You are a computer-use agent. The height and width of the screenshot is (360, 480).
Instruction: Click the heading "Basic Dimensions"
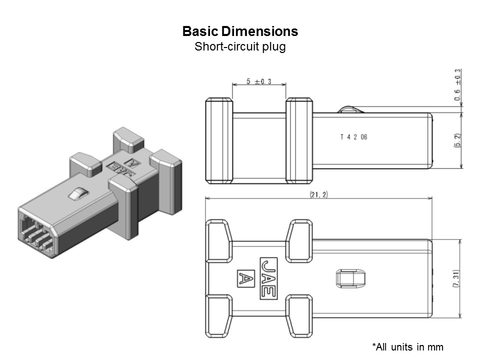coord(240,31)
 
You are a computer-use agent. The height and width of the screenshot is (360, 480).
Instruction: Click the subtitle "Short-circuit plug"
coord(240,47)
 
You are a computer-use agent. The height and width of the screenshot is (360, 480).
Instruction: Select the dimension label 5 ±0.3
coord(258,82)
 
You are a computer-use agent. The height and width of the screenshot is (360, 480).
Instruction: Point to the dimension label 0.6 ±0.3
coord(457,85)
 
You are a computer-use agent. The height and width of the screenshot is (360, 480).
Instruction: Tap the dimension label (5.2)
coord(457,140)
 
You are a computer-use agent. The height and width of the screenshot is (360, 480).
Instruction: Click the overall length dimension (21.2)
coord(318,194)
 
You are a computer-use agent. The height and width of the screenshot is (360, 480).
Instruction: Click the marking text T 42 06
coord(353,137)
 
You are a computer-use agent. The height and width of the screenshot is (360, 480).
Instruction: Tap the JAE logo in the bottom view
coord(268,278)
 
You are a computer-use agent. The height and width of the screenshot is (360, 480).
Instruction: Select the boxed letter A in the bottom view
coord(244,278)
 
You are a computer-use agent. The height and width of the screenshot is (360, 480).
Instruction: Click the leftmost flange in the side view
coord(219,140)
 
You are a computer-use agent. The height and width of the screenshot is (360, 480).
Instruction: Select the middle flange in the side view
coord(299,140)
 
